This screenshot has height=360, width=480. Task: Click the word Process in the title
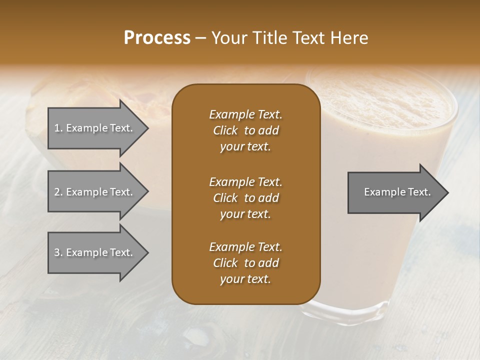[x=157, y=38]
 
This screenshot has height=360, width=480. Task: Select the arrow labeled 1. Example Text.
[x=95, y=128]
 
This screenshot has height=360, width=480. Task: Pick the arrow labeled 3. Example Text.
[x=95, y=253]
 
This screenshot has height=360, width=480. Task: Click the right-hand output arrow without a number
[x=395, y=192]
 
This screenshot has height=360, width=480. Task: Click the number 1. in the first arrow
[x=58, y=128]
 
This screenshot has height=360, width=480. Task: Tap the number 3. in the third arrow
[x=58, y=253]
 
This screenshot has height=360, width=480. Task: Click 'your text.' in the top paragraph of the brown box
[x=245, y=147]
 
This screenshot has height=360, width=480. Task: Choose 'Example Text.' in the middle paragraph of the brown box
[x=245, y=181]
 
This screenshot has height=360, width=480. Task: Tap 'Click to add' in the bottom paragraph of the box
[x=245, y=263]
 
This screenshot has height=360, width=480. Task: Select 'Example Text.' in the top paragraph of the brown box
[x=245, y=114]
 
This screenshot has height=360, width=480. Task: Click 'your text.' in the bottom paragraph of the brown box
[x=245, y=279]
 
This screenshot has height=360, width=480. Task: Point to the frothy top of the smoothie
[x=385, y=100]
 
